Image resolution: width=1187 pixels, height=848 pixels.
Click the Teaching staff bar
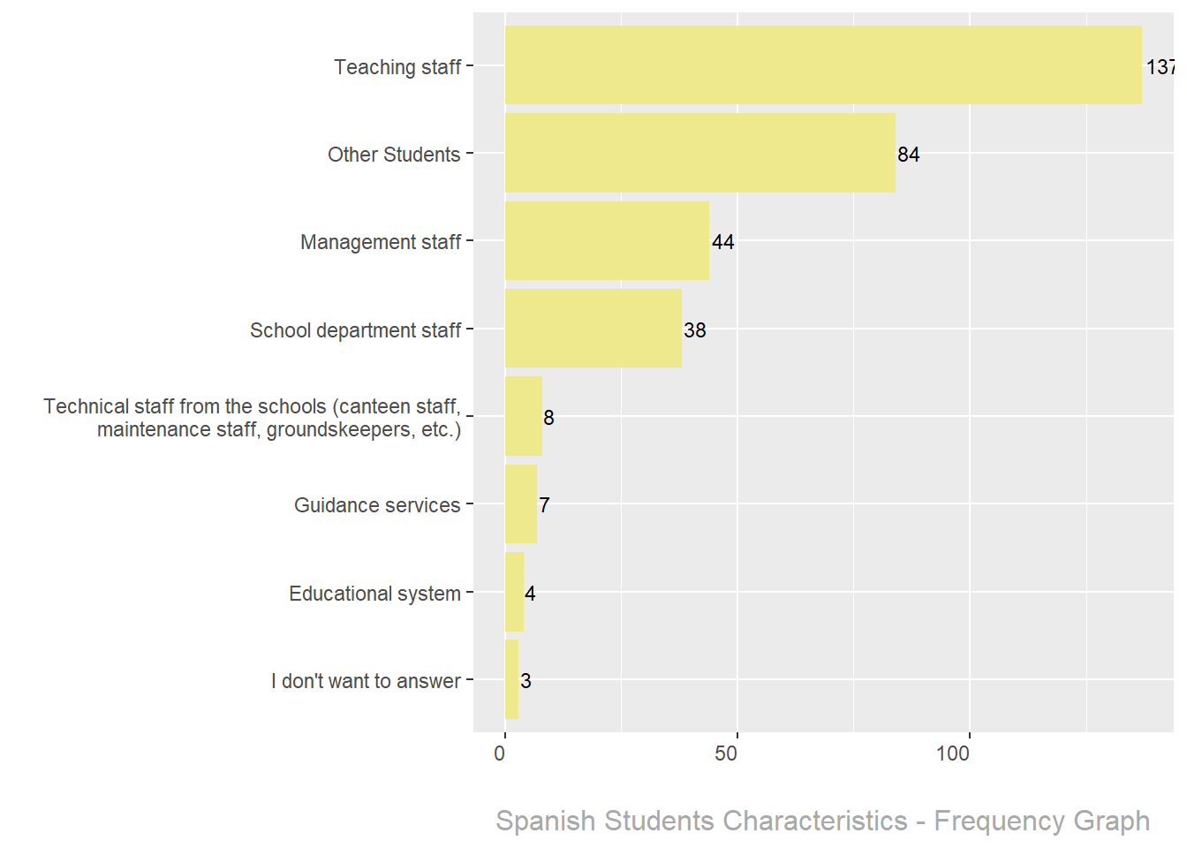823,65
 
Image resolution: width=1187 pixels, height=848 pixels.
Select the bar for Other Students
699,153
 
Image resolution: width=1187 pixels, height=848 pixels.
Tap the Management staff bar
607,241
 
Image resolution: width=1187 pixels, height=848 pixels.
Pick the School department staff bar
593,329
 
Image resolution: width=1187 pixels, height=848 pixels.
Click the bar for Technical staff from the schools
523,416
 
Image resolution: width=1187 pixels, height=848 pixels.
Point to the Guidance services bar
520,504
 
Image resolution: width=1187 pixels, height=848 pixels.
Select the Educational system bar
514,592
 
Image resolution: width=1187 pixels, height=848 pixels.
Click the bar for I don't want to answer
511,679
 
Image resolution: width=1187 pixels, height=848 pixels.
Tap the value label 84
908,155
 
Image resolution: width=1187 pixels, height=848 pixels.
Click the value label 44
722,242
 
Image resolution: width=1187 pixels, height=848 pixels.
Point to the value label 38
694,330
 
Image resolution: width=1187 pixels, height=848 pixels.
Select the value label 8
548,418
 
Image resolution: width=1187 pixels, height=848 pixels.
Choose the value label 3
525,681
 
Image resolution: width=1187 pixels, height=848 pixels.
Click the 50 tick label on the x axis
726,753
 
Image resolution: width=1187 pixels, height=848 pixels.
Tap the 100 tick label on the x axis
953,753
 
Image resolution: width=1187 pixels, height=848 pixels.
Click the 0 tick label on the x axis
500,753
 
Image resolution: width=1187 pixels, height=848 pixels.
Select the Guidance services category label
377,505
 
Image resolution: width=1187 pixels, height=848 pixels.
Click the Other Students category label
394,155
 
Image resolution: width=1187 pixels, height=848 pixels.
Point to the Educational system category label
374,594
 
